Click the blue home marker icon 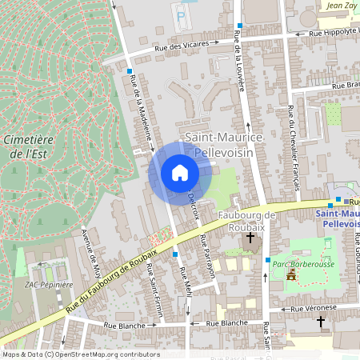point(180,172)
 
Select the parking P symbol point(181,14)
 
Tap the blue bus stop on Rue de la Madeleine point(130,71)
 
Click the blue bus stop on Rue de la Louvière point(239,26)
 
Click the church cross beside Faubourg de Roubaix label point(250,238)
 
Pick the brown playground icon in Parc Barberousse point(291,274)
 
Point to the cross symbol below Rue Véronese point(321,322)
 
